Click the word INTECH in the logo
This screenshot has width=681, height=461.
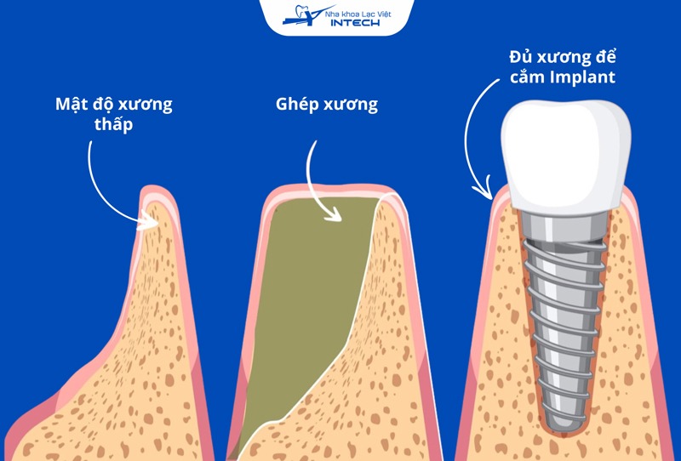pyautogui.click(x=355, y=22)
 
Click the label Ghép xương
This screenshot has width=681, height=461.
pyautogui.click(x=327, y=105)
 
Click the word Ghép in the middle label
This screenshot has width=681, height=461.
pyautogui.click(x=295, y=105)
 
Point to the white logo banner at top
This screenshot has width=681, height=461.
pyautogui.click(x=340, y=17)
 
